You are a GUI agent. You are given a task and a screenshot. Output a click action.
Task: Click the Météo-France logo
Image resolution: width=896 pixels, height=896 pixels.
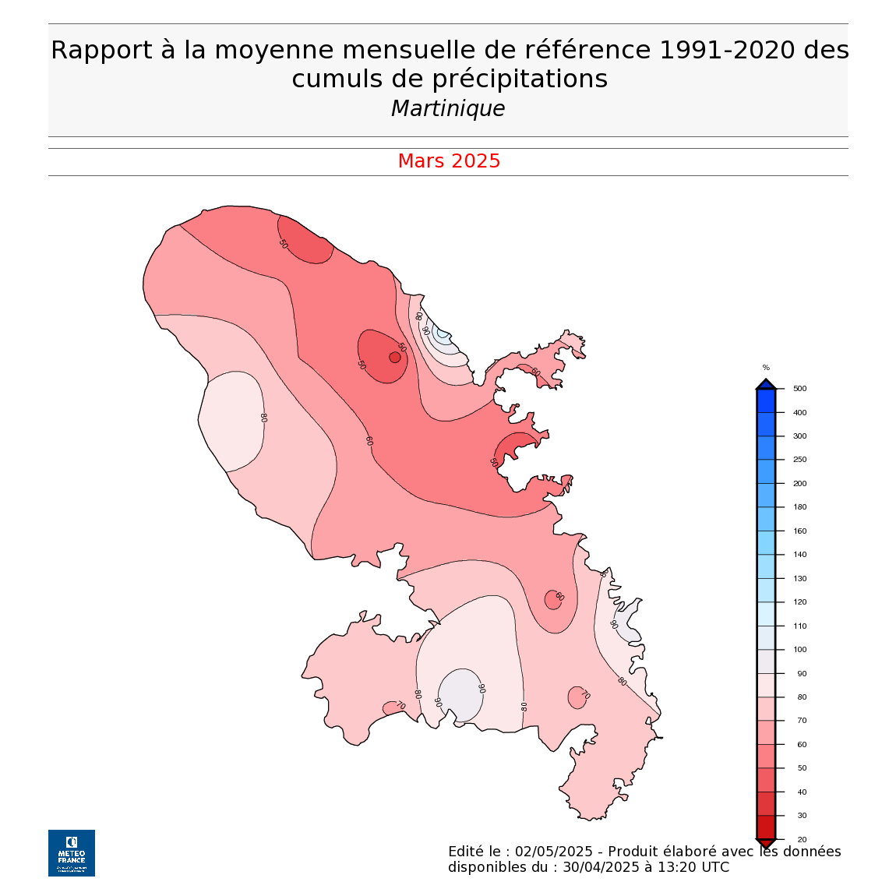72,852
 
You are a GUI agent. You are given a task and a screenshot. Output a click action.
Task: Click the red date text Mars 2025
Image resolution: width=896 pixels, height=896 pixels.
449,161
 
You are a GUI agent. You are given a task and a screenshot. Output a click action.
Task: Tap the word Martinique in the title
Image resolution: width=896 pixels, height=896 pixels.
448,108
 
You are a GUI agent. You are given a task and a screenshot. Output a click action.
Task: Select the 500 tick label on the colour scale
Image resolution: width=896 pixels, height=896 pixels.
799,389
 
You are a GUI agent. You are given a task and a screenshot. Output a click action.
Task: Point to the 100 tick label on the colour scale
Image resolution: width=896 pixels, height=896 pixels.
799,650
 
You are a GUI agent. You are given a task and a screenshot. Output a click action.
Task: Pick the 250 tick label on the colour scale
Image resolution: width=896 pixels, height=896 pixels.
799,460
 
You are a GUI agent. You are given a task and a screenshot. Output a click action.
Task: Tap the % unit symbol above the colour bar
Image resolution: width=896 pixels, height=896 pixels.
766,368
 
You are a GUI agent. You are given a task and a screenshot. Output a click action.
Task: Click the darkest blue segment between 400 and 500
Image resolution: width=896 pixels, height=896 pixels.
766,401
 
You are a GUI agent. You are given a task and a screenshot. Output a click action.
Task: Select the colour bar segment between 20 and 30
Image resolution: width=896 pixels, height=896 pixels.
766,826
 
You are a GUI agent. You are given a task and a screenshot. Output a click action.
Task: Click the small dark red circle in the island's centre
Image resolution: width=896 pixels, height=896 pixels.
395,358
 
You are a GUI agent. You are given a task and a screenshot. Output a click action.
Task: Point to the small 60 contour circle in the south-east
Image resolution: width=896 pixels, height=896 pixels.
553,599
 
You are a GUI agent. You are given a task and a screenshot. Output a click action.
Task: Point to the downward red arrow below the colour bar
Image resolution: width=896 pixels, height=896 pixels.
766,844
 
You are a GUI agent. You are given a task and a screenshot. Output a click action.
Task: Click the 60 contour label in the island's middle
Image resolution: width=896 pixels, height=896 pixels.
369,441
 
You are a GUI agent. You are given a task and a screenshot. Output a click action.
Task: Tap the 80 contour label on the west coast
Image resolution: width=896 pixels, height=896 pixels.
263,418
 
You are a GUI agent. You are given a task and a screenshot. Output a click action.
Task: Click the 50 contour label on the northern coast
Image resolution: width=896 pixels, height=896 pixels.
283,244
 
